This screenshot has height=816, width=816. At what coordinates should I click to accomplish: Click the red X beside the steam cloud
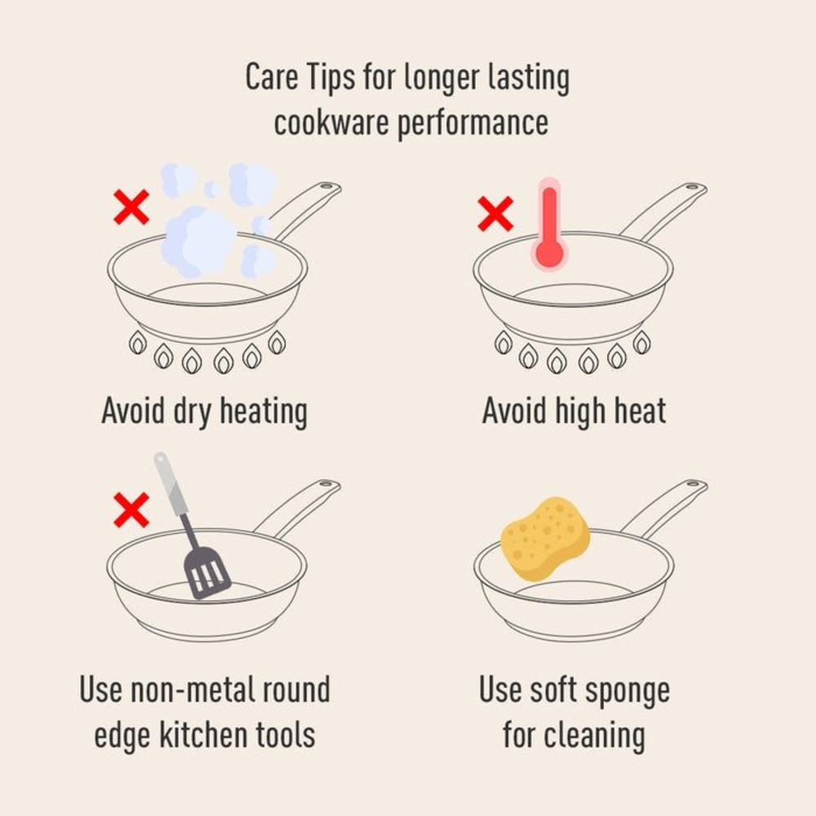131,207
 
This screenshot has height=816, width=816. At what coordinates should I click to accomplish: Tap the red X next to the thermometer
495,213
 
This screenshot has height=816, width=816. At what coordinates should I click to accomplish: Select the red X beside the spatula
131,510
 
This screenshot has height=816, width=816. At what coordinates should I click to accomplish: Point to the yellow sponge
545,538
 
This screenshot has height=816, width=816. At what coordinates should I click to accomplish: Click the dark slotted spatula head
207,573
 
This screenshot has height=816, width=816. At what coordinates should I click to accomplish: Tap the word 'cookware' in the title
331,123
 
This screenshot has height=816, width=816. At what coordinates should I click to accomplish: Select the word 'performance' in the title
472,124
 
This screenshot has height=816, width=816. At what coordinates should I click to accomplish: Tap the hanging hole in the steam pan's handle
327,186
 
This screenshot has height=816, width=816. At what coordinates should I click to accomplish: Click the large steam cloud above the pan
199,241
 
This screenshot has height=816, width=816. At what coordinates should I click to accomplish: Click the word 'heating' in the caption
264,411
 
